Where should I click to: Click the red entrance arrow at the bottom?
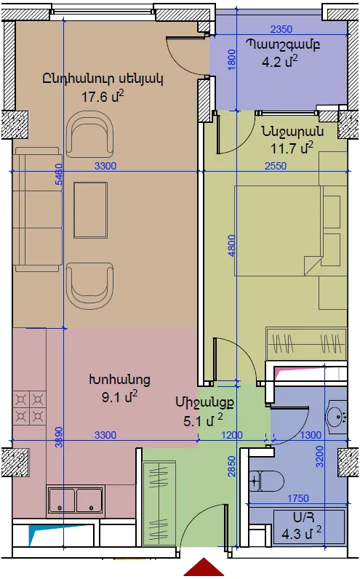point(204,569)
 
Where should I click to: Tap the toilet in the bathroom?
point(266,481)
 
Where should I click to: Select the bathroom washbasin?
point(337,417)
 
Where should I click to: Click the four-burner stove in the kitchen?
point(29,407)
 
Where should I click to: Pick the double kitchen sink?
point(76,500)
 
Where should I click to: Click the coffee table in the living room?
point(90,209)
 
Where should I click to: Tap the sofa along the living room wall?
point(37,209)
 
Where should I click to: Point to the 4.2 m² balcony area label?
point(279,61)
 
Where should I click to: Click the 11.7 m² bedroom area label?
point(292,148)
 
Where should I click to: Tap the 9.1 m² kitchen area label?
point(119,397)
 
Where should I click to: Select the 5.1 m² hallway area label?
point(203,420)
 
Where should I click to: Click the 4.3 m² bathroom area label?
point(302,534)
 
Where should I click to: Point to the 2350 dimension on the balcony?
point(281,29)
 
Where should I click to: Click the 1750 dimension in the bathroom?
point(298,498)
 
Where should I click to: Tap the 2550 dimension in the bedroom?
point(276,166)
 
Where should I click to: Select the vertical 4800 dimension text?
point(231,246)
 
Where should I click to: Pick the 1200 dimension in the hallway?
point(232,435)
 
